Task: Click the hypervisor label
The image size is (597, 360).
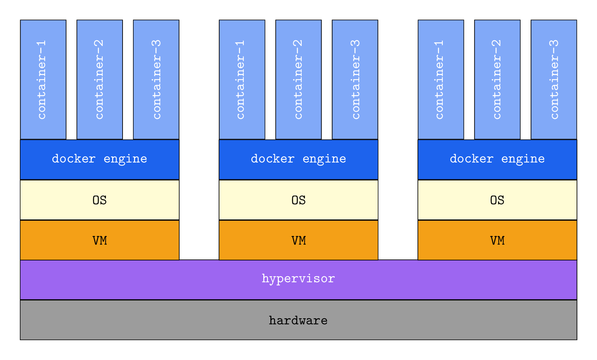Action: (298, 279)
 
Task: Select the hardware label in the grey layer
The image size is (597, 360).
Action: (298, 320)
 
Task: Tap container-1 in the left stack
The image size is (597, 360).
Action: (43, 79)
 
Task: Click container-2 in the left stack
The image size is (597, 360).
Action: (100, 79)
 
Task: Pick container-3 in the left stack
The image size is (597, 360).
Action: (156, 79)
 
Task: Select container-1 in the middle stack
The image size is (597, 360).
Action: (242, 79)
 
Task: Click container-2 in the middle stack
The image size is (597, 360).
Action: (298, 79)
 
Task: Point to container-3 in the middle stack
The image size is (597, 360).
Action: (355, 79)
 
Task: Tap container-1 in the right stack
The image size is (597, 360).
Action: (441, 79)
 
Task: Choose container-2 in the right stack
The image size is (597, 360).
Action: (497, 79)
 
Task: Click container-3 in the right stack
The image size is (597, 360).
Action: (554, 79)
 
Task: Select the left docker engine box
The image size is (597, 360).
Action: (100, 159)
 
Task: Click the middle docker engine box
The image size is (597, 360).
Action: (298, 159)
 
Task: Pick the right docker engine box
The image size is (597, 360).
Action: (497, 159)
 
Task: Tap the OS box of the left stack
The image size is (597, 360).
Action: (100, 200)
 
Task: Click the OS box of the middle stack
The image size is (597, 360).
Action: (298, 200)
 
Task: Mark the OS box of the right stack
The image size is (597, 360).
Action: (497, 200)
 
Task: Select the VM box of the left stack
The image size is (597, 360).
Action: (100, 240)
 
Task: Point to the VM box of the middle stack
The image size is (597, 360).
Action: (298, 240)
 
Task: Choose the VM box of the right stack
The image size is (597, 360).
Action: (497, 240)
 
